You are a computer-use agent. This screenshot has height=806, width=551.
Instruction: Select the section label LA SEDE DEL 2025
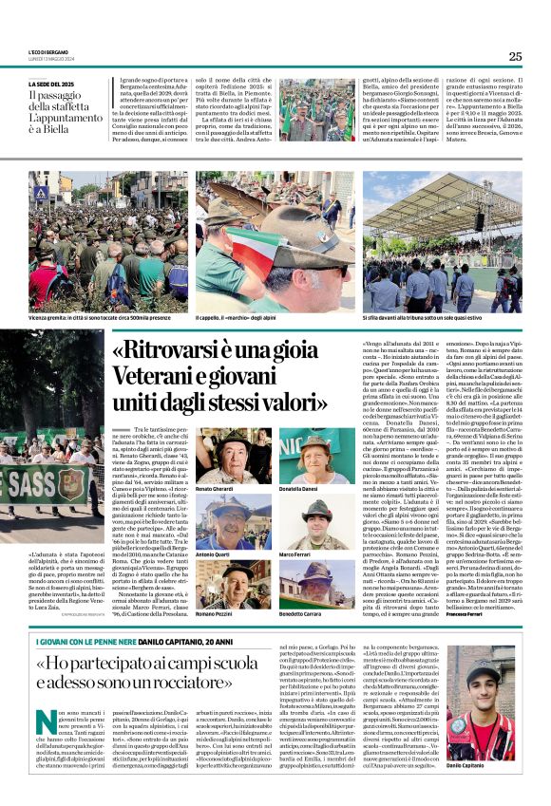coord(53,84)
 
